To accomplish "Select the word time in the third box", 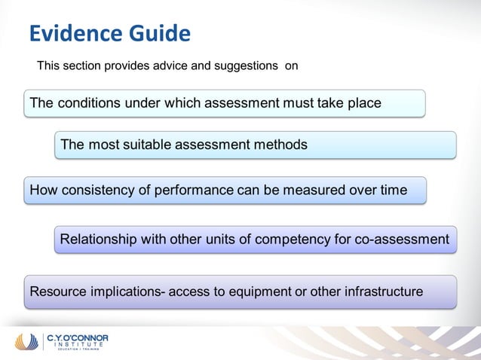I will pyautogui.click(x=394, y=190).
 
